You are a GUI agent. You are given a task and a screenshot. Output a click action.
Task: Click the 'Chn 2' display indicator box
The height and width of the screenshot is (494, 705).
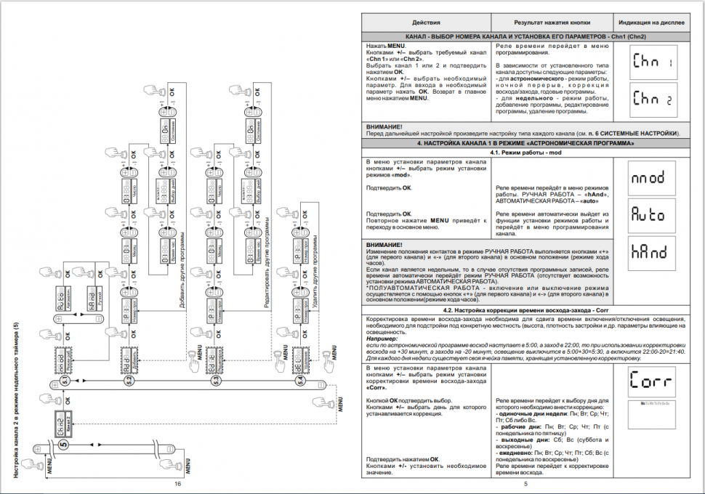[x=653, y=100]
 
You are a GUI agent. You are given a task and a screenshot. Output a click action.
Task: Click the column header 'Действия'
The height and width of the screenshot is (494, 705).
[x=426, y=23]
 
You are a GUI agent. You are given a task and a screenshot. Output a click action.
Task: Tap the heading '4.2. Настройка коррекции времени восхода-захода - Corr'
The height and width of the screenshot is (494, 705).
[x=524, y=310]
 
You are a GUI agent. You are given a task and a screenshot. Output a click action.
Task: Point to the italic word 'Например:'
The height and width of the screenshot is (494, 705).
[x=382, y=338]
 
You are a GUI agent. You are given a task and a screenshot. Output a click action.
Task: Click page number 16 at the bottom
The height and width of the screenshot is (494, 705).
[x=176, y=483]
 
